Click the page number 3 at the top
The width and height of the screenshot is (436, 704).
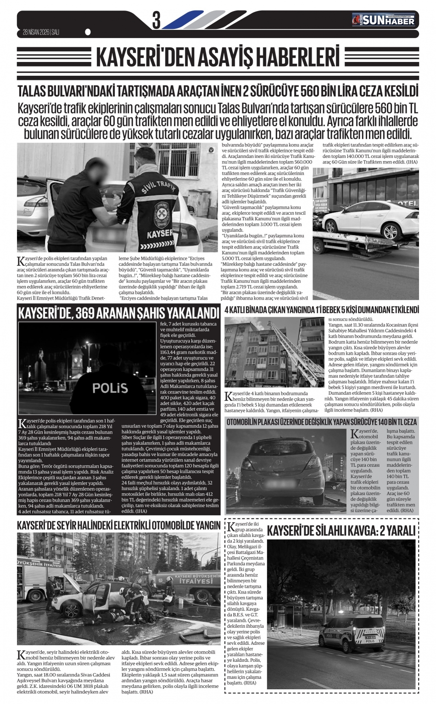pyautogui.click(x=156, y=20)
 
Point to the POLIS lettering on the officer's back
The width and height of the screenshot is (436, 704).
pyautogui.click(x=110, y=388)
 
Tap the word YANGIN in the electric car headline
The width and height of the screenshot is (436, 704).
pyautogui.click(x=204, y=525)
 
